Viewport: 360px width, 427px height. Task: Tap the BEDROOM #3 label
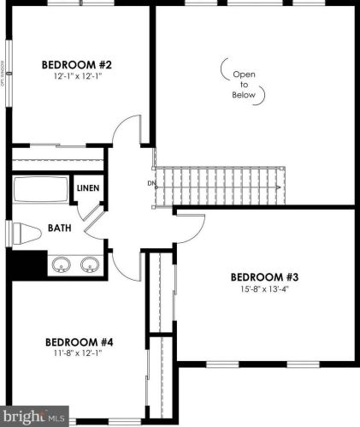[264, 276]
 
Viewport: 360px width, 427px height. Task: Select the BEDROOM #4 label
[79, 341]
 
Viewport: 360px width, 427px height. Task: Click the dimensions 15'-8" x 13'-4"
[264, 288]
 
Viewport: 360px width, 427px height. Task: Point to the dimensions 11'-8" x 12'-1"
[79, 353]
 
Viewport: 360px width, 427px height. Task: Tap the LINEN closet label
[88, 188]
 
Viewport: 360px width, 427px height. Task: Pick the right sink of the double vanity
[89, 264]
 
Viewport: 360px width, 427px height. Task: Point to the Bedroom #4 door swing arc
[126, 265]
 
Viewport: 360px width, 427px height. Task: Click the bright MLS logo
[34, 418]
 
